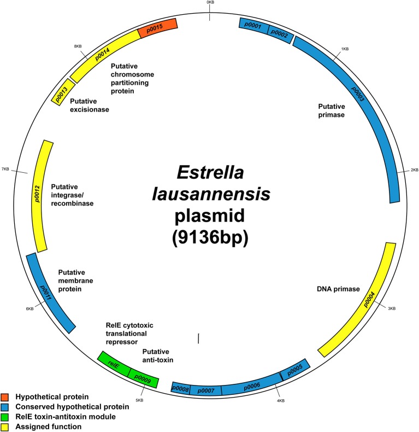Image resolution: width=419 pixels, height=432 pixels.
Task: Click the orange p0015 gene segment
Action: (158, 28)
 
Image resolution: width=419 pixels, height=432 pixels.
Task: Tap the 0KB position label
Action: (210, 3)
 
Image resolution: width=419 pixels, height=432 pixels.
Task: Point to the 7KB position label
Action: (5, 169)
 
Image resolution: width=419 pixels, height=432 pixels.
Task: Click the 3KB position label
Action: (391, 309)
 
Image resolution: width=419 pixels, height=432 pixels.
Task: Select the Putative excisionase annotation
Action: (90, 109)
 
